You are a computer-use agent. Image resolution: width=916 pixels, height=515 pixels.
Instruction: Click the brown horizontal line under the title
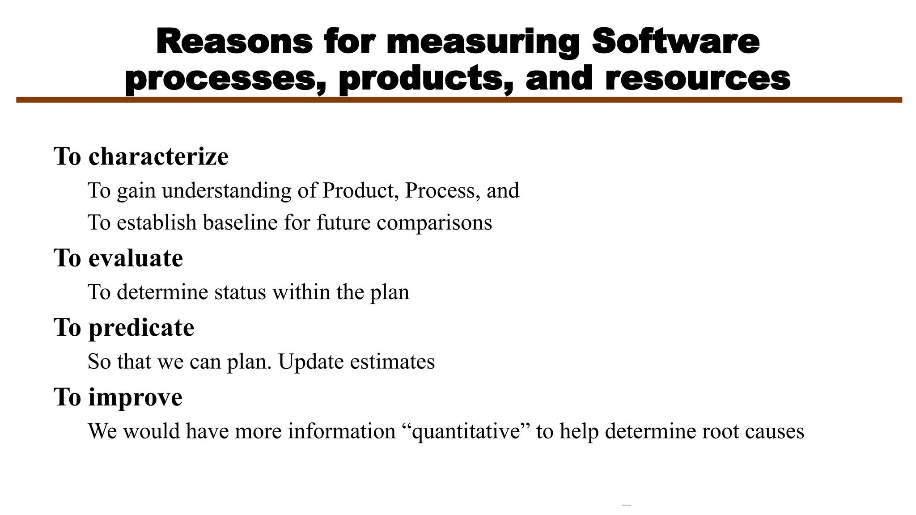coord(459,100)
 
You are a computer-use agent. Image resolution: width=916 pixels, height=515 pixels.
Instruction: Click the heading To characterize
coord(141,156)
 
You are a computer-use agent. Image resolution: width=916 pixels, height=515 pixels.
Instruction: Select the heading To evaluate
coord(119,258)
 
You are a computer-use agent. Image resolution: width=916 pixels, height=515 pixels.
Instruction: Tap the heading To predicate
coord(124,327)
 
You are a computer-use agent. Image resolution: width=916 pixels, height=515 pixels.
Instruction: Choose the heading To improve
coord(118,397)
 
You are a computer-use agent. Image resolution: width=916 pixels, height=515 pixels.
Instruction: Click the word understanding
coord(227,191)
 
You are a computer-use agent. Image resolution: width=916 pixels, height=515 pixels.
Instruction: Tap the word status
coord(240,292)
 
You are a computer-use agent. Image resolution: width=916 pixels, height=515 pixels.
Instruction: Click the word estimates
coord(392,362)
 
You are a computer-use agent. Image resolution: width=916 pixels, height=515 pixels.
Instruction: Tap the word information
coord(342,431)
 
